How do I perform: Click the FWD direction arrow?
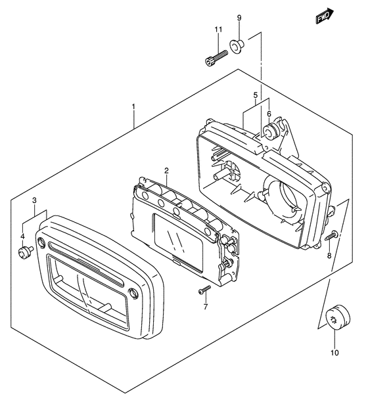click(325, 16)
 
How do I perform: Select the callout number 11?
click(218, 30)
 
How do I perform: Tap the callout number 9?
click(239, 18)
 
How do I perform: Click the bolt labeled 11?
click(216, 58)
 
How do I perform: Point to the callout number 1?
click(133, 106)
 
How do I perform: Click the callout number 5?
click(256, 95)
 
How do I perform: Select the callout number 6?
click(269, 114)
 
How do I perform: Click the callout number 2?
click(166, 170)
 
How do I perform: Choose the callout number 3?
click(34, 200)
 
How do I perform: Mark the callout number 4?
click(22, 236)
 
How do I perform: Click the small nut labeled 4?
click(26, 252)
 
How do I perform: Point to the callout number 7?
click(206, 306)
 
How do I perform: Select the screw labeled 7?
click(204, 290)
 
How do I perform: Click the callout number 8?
click(329, 256)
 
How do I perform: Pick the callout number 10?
click(334, 353)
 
